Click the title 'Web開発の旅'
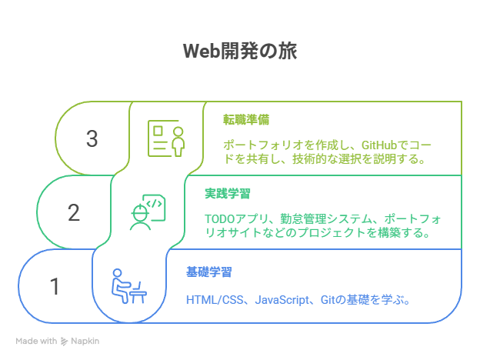coord(240,51)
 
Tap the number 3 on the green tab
coord(92,138)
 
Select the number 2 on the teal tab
coord(74,212)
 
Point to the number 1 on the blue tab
coord(55,286)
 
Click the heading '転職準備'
coord(246,120)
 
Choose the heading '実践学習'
coord(228,194)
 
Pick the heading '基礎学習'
coord(209,272)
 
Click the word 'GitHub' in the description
coord(379,145)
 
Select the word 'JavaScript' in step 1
coord(282,300)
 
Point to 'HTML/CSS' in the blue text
coord(215,300)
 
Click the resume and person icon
coord(166,138)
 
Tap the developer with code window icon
coord(148,212)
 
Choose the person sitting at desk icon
coord(129,286)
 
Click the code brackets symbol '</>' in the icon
coord(154,204)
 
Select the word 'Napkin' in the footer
coord(85,341)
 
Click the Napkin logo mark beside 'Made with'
coord(64,341)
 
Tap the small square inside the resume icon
coord(158,131)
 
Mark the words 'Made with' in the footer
coord(36,341)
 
